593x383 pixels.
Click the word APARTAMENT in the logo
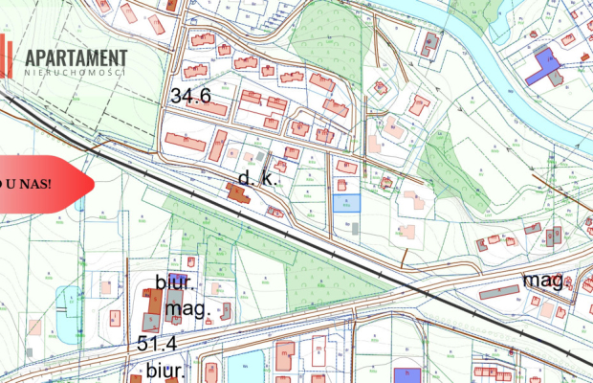77,57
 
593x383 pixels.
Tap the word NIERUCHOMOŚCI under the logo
77,73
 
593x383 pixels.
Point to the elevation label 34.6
190,97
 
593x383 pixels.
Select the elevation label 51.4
157,343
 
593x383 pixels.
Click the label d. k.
256,178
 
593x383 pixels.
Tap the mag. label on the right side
542,280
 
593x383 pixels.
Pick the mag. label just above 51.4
187,310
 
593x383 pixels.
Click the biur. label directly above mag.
175,283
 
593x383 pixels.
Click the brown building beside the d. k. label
236,193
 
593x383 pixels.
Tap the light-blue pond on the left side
68,304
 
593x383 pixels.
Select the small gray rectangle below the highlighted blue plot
353,228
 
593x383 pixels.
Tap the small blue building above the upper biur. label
179,278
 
